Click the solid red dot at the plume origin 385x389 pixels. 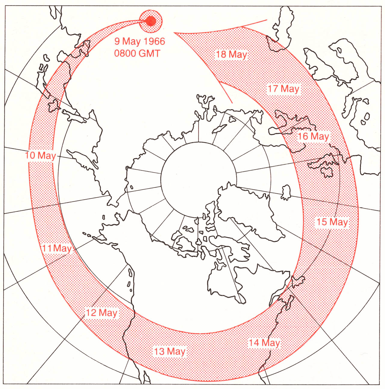click(151, 21)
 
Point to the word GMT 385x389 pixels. click(149, 53)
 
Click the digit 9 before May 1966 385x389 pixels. click(117, 41)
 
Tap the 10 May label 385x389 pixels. click(40, 155)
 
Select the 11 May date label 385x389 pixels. click(57, 248)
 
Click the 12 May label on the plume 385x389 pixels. click(102, 313)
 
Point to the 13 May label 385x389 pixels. click(170, 351)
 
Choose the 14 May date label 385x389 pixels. click(264, 343)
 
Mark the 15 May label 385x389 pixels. click(332, 222)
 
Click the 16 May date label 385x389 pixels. click(313, 136)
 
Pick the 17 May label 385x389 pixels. click(283, 89)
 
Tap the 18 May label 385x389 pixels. click(231, 54)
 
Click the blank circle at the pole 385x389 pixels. click(198, 179)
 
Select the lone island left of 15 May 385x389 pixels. click(286, 192)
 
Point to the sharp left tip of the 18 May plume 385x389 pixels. click(174, 33)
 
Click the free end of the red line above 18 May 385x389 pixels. click(267, 20)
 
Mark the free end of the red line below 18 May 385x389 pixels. click(232, 103)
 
